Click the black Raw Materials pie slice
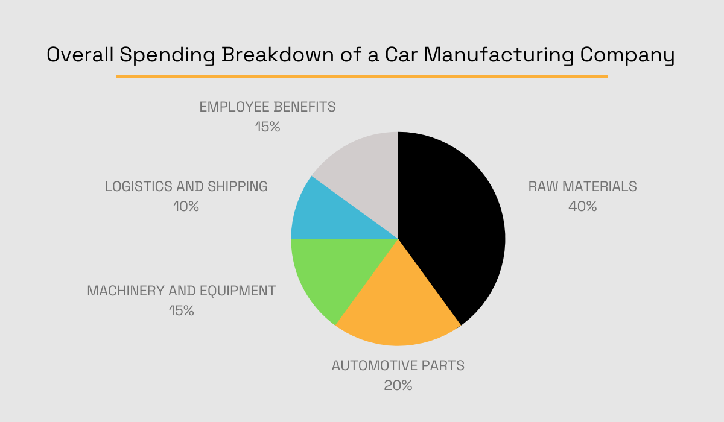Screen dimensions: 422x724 pyautogui.click(x=453, y=223)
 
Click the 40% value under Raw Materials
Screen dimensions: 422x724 pyautogui.click(x=582, y=206)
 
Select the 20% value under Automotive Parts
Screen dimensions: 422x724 pyautogui.click(x=398, y=385)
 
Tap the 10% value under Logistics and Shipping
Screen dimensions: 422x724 pyautogui.click(x=185, y=206)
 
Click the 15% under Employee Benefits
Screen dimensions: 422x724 pyautogui.click(x=267, y=127)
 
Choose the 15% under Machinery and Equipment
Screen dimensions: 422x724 pyautogui.click(x=181, y=311)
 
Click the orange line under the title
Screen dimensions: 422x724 pyautogui.click(x=362, y=77)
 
